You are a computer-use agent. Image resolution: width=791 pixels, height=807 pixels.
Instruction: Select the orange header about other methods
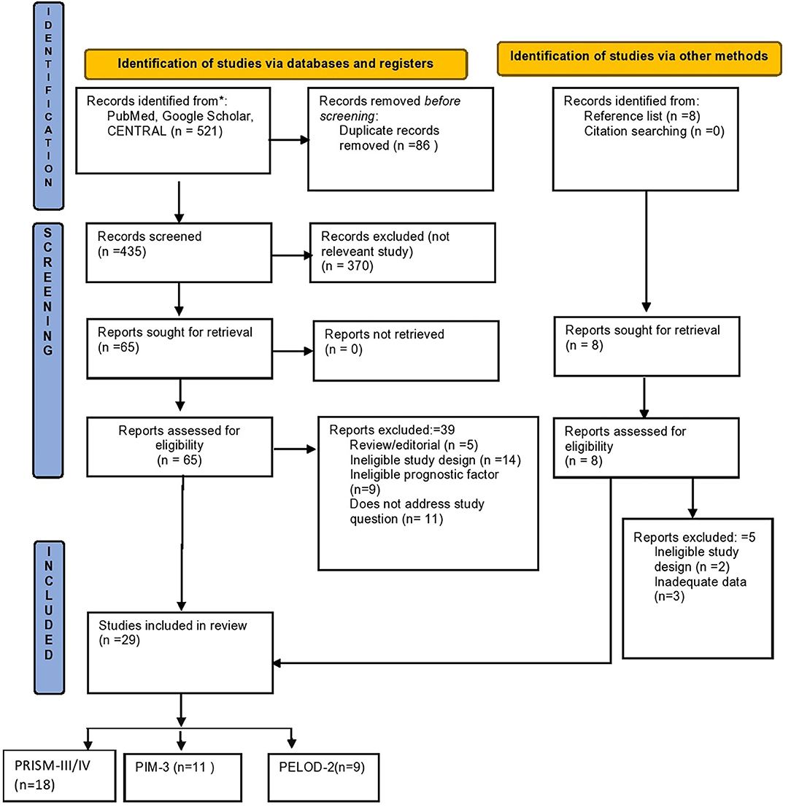point(636,56)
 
